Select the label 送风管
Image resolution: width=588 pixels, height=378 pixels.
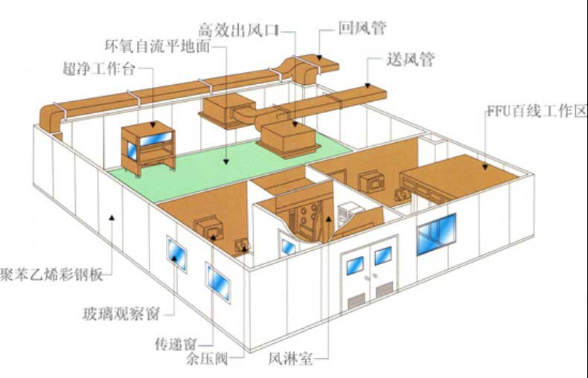tap(411, 58)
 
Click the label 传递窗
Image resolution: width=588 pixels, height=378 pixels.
tap(173, 345)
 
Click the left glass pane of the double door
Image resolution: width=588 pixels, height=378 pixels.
tap(355, 265)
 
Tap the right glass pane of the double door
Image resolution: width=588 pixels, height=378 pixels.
tap(383, 256)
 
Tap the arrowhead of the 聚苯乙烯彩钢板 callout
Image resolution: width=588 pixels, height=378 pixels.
tap(110, 217)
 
